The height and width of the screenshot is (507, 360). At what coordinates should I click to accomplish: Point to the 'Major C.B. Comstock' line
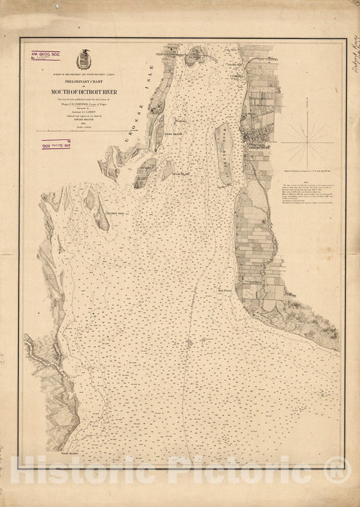87,107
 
